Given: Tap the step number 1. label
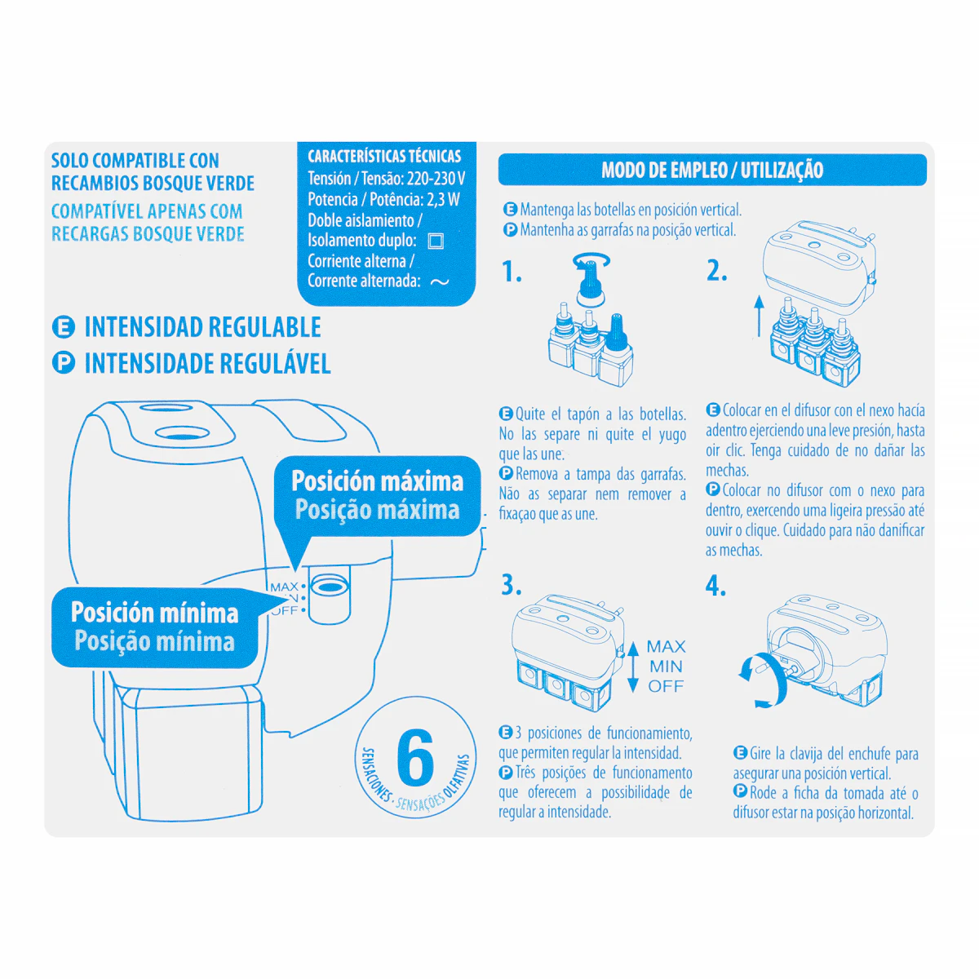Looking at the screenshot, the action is (512, 272).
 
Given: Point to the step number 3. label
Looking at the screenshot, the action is (511, 585).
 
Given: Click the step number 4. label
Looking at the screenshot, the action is (715, 586).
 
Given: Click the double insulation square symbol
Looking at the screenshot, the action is (436, 241).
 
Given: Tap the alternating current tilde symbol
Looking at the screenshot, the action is (440, 282).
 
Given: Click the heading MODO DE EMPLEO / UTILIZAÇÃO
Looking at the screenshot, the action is (711, 171).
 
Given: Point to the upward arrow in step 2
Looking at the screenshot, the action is (759, 316).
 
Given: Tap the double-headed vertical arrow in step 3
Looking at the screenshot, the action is (633, 667).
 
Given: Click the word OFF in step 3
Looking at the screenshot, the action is (666, 686).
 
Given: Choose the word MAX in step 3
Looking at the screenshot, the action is (666, 647).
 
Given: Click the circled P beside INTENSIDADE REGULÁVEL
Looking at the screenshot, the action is (64, 363).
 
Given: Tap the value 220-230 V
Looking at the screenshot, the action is (436, 179).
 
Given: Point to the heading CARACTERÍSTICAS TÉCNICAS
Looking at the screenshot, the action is (384, 156).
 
